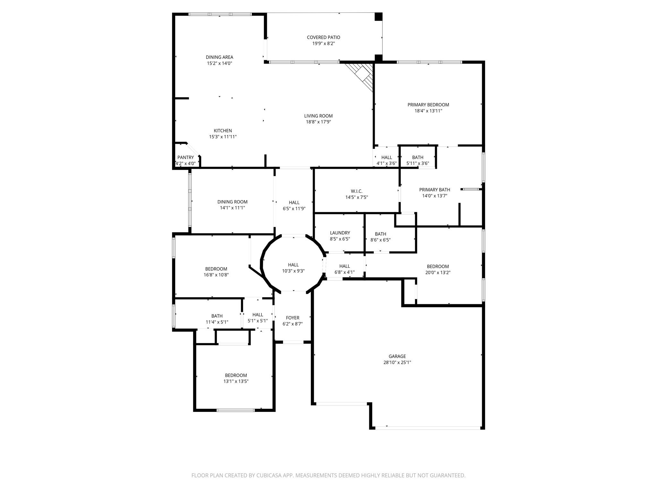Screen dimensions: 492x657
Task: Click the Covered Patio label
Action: tap(323, 37)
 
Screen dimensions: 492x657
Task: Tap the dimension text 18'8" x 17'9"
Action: tap(318, 122)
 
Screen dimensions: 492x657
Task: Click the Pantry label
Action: tap(185, 157)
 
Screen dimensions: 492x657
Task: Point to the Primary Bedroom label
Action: tap(428, 105)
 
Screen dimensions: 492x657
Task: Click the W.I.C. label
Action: tap(356, 191)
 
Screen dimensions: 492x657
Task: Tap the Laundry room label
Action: tap(340, 233)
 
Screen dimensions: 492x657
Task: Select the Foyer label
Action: tap(293, 318)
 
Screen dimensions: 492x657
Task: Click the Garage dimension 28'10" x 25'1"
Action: tap(397, 362)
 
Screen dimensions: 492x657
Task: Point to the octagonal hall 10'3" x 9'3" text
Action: tap(293, 271)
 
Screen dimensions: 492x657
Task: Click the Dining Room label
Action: tap(232, 202)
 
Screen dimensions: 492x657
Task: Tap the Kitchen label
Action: tap(223, 131)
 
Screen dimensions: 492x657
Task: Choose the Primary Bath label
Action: tap(434, 190)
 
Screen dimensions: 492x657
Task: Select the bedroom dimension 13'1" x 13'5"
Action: tap(236, 381)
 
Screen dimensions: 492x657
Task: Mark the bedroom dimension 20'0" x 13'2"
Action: tap(438, 273)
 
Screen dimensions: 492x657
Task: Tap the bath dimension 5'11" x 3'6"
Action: tap(417, 163)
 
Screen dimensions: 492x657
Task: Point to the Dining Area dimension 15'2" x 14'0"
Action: tap(219, 63)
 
